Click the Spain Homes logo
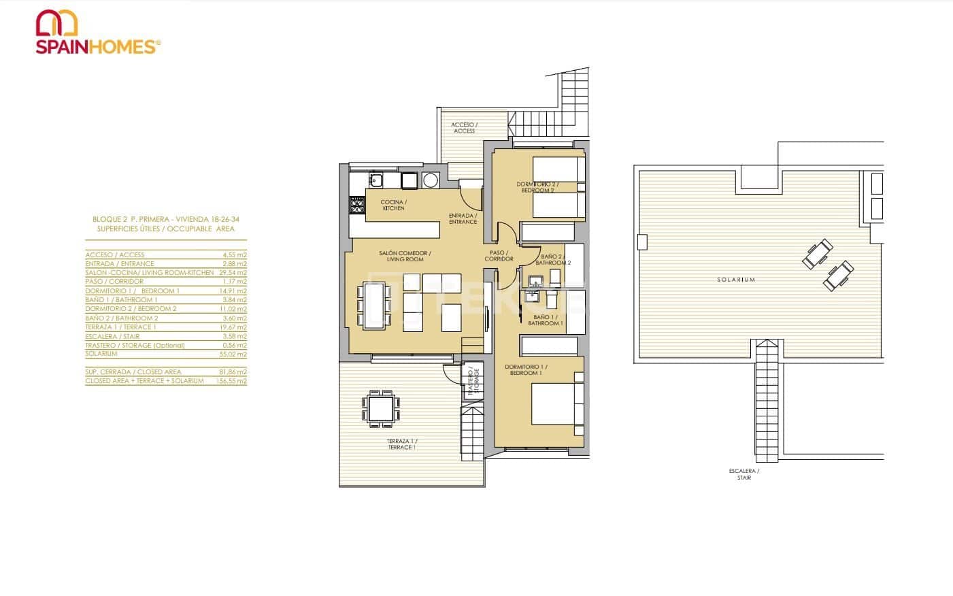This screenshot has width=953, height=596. (98, 33)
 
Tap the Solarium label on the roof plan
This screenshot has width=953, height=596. (736, 280)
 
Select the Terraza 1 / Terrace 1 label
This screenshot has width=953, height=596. (401, 444)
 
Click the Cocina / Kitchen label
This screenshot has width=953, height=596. (392, 205)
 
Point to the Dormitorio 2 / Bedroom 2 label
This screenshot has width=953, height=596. (535, 187)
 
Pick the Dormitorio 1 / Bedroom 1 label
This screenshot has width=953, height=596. (526, 370)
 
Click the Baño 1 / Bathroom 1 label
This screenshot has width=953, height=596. (546, 320)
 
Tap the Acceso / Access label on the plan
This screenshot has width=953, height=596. (465, 128)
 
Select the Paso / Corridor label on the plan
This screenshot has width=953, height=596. (499, 256)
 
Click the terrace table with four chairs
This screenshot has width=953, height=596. (380, 408)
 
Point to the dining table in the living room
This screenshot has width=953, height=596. (374, 305)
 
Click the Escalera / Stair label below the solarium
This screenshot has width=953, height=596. (743, 474)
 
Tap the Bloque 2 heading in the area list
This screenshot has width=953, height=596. (166, 220)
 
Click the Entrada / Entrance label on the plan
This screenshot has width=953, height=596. (463, 218)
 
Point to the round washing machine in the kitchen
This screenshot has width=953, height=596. (431, 180)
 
